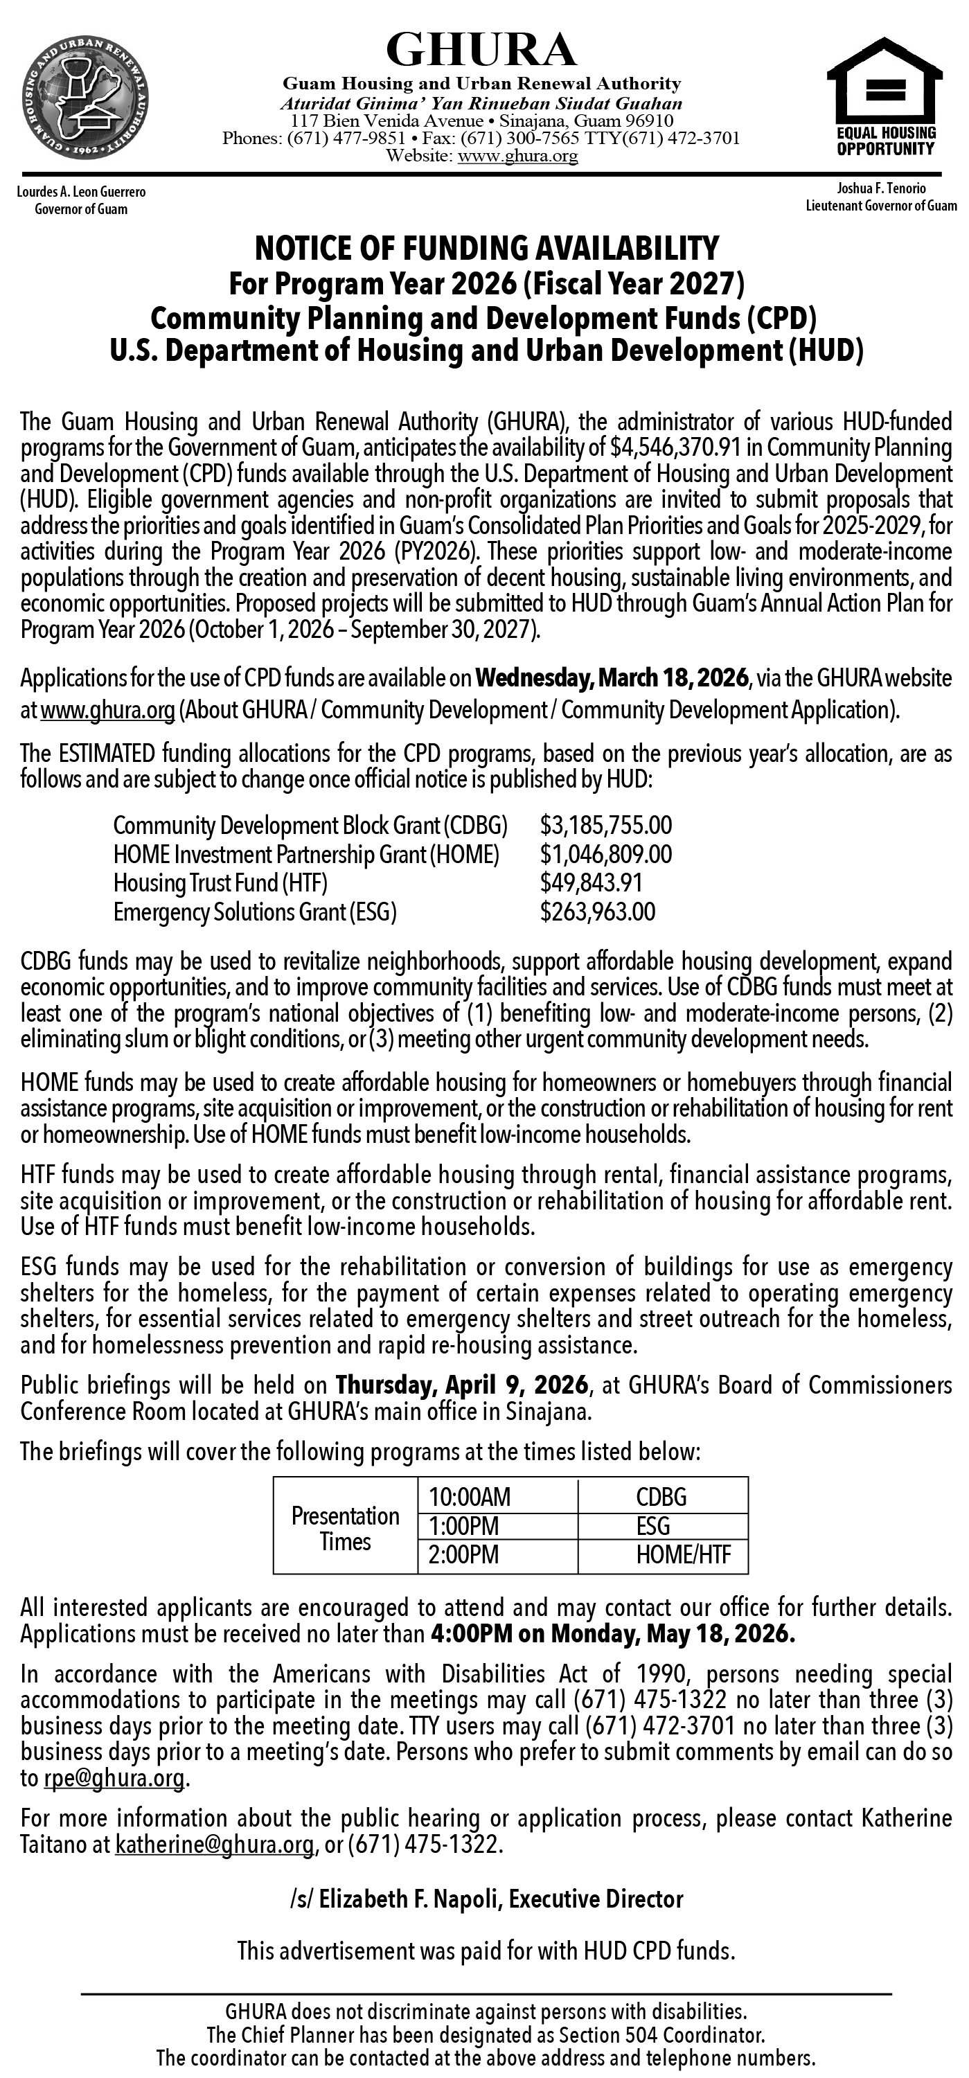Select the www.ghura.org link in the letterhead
[x=517, y=157]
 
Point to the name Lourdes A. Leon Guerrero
[x=80, y=193]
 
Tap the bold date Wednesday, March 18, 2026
[x=612, y=677]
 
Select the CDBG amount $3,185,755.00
[x=606, y=825]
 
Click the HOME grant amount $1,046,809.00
[x=606, y=854]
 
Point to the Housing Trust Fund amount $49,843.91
[x=591, y=883]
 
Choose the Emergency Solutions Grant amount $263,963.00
[x=598, y=912]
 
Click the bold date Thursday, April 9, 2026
[x=461, y=1386]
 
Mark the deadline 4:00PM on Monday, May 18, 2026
[x=613, y=1634]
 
